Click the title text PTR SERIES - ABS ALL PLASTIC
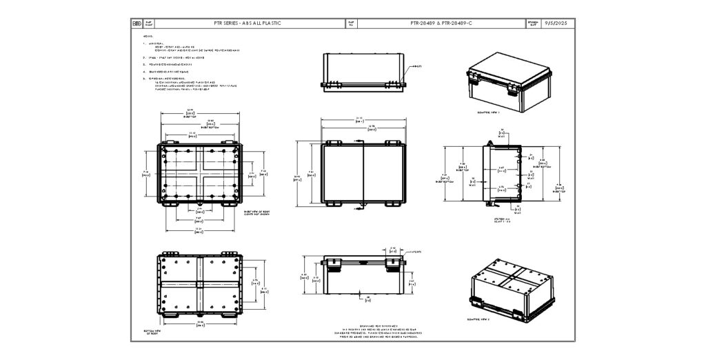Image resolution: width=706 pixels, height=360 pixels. pos(247,23)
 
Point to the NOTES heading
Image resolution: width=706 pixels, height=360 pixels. pos(147,36)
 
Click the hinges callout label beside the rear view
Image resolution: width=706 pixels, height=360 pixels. pos(417,66)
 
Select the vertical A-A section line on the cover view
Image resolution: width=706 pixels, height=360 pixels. pos(363,172)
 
